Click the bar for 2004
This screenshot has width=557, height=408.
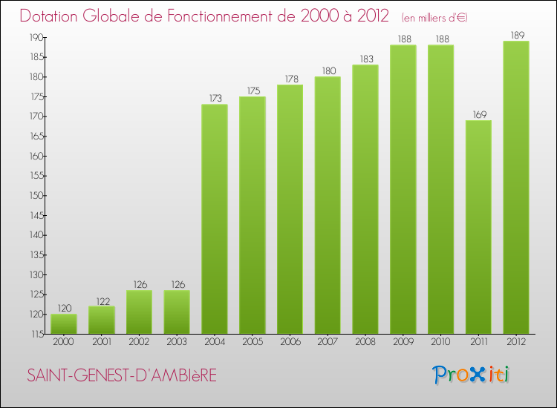tap(215, 219)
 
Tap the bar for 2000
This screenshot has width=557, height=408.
tap(64, 323)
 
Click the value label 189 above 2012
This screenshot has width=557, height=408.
tap(516, 34)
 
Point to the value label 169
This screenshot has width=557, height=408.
tap(478, 113)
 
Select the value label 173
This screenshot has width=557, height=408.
tap(215, 98)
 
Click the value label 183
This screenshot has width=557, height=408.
tap(365, 58)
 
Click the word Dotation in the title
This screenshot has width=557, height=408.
tap(54, 16)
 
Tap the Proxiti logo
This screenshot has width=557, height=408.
tap(471, 375)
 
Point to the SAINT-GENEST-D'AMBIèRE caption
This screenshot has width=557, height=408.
tap(122, 376)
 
